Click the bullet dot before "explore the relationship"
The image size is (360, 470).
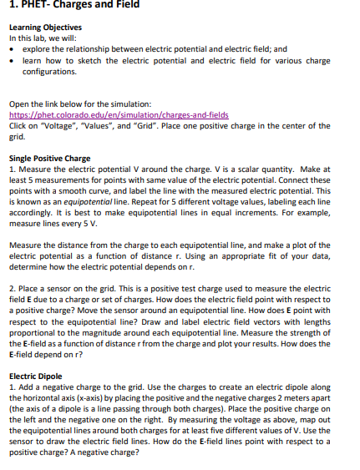click(x=12, y=50)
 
